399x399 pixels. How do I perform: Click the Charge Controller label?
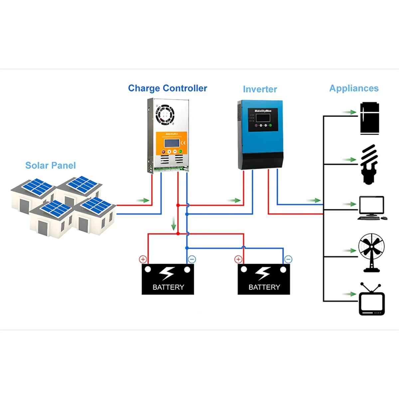click(168, 88)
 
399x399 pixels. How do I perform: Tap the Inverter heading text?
click(260, 89)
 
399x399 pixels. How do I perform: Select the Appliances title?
click(354, 88)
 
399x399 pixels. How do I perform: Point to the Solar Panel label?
click(51, 165)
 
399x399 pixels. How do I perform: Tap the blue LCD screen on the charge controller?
click(171, 143)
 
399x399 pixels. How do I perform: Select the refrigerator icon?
click(370, 118)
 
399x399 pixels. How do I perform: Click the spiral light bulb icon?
click(369, 164)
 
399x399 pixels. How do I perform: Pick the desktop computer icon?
click(372, 208)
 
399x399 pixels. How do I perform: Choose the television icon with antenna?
click(372, 300)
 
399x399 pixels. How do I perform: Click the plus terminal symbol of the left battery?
click(143, 259)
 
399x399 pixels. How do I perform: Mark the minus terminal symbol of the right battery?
click(288, 259)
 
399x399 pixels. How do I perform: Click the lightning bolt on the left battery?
click(167, 273)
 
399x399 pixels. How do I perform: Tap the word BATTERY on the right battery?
click(264, 287)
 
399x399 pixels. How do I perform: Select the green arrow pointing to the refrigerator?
click(349, 112)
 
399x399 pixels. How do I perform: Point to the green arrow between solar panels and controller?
click(143, 200)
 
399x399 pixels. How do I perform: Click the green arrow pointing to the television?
click(349, 294)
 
